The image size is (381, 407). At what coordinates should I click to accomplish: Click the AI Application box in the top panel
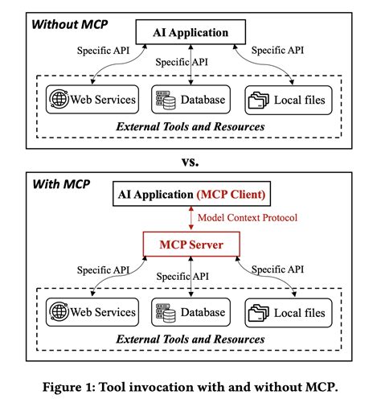[x=190, y=33]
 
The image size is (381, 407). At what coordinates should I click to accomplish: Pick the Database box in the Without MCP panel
[x=190, y=100]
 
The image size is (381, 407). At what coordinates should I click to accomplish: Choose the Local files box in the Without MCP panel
[x=287, y=100]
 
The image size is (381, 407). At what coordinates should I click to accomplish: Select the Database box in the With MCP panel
[x=190, y=310]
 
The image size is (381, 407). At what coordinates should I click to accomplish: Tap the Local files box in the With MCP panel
[x=287, y=310]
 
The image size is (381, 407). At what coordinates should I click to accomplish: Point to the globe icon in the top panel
[x=60, y=100]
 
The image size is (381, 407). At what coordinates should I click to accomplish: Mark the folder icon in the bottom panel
[x=259, y=310]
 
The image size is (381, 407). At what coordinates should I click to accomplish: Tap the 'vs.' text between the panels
[x=190, y=161]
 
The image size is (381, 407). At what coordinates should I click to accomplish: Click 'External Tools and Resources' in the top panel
[x=190, y=126]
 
